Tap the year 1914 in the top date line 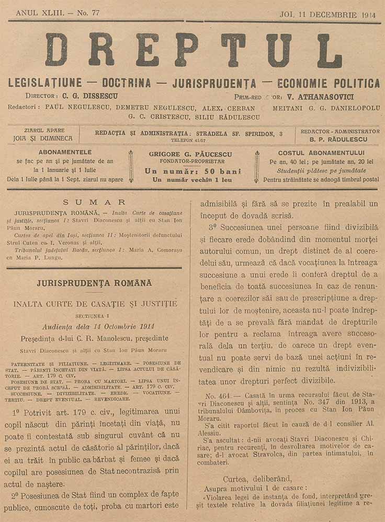point(368,15)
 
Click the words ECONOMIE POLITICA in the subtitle point(329,83)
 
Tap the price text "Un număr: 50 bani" point(193,171)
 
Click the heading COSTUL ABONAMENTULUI point(321,153)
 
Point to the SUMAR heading point(94,202)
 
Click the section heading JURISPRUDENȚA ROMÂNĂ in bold point(94,283)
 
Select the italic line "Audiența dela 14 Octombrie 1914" point(95,326)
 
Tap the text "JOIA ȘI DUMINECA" point(44,139)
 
